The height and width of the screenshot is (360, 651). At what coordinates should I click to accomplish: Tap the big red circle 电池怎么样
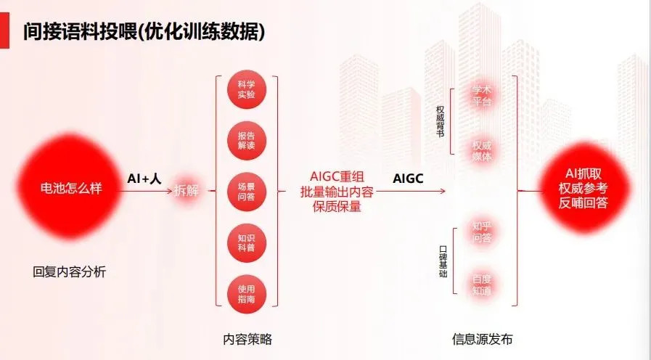70,189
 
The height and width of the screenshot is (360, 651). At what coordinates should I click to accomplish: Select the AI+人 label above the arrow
144,178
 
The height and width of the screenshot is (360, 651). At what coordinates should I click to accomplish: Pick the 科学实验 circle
246,89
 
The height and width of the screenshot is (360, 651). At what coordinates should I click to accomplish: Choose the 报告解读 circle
246,140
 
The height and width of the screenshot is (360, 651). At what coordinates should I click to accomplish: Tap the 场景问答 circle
246,191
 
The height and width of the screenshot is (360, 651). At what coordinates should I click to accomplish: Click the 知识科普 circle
246,242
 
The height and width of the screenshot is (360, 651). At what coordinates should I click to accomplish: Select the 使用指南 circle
246,292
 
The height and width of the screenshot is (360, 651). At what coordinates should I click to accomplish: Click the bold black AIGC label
409,178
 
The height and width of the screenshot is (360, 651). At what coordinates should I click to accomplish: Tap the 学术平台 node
482,96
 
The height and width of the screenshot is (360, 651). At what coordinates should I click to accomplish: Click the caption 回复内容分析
70,273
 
